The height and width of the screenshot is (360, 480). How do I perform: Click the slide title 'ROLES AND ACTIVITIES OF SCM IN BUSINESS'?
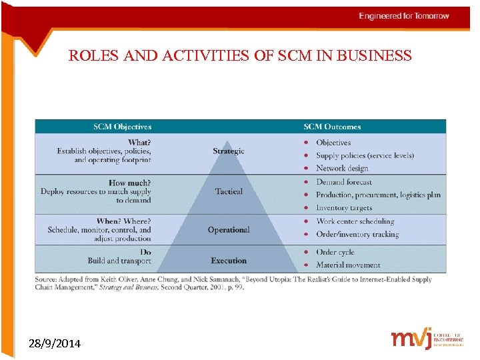(240, 56)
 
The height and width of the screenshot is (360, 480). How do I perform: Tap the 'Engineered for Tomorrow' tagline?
(404, 16)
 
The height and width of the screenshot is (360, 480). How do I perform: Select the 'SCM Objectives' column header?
(122, 127)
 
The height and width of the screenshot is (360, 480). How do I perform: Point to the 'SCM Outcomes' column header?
(332, 127)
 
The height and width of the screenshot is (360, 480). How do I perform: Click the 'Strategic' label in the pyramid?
(229, 151)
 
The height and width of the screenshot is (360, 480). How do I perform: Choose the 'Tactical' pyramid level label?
(229, 191)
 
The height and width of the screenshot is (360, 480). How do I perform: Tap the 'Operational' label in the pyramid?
(229, 230)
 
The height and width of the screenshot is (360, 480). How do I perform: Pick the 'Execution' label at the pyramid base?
(229, 261)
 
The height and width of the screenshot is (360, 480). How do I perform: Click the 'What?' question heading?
(139, 143)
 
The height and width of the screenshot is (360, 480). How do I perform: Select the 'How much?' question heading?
(129, 183)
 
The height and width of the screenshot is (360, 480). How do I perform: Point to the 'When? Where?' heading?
(123, 221)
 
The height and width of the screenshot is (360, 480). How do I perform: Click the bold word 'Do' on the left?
(145, 252)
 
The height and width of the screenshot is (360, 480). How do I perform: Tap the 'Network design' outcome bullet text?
(342, 169)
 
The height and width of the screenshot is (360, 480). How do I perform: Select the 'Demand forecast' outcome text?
(344, 182)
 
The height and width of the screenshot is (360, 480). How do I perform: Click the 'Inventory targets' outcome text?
(344, 208)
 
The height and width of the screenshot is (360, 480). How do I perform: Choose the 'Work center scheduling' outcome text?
(355, 221)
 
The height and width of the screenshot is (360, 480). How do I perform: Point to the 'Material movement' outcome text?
(348, 265)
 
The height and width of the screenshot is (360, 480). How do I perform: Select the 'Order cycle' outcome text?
(335, 252)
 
